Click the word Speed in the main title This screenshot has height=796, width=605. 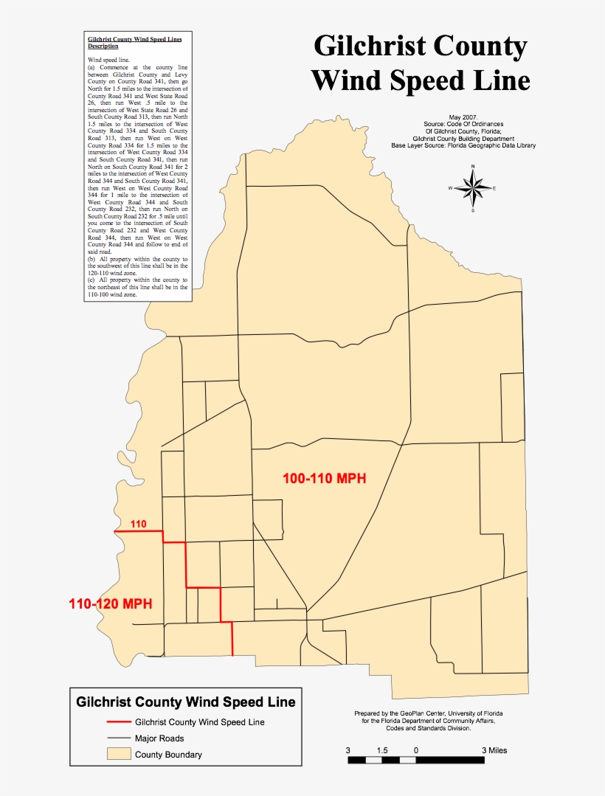click(x=423, y=80)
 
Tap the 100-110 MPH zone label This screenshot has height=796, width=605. click(x=325, y=479)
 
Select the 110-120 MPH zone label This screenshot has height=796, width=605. click(x=111, y=603)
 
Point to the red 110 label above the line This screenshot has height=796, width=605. click(x=138, y=525)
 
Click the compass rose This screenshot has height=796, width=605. click(x=473, y=188)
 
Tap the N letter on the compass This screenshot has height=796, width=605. click(x=473, y=167)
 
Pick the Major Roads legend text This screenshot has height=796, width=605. click(x=159, y=738)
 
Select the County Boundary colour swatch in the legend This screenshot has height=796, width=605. click(x=117, y=754)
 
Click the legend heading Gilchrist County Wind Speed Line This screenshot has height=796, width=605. click(x=186, y=702)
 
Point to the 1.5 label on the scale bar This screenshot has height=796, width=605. click(x=382, y=750)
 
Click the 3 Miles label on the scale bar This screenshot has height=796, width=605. click(x=494, y=750)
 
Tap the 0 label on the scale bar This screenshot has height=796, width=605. click(x=417, y=750)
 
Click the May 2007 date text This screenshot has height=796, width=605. click(x=463, y=117)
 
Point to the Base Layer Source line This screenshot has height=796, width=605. click(x=463, y=145)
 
